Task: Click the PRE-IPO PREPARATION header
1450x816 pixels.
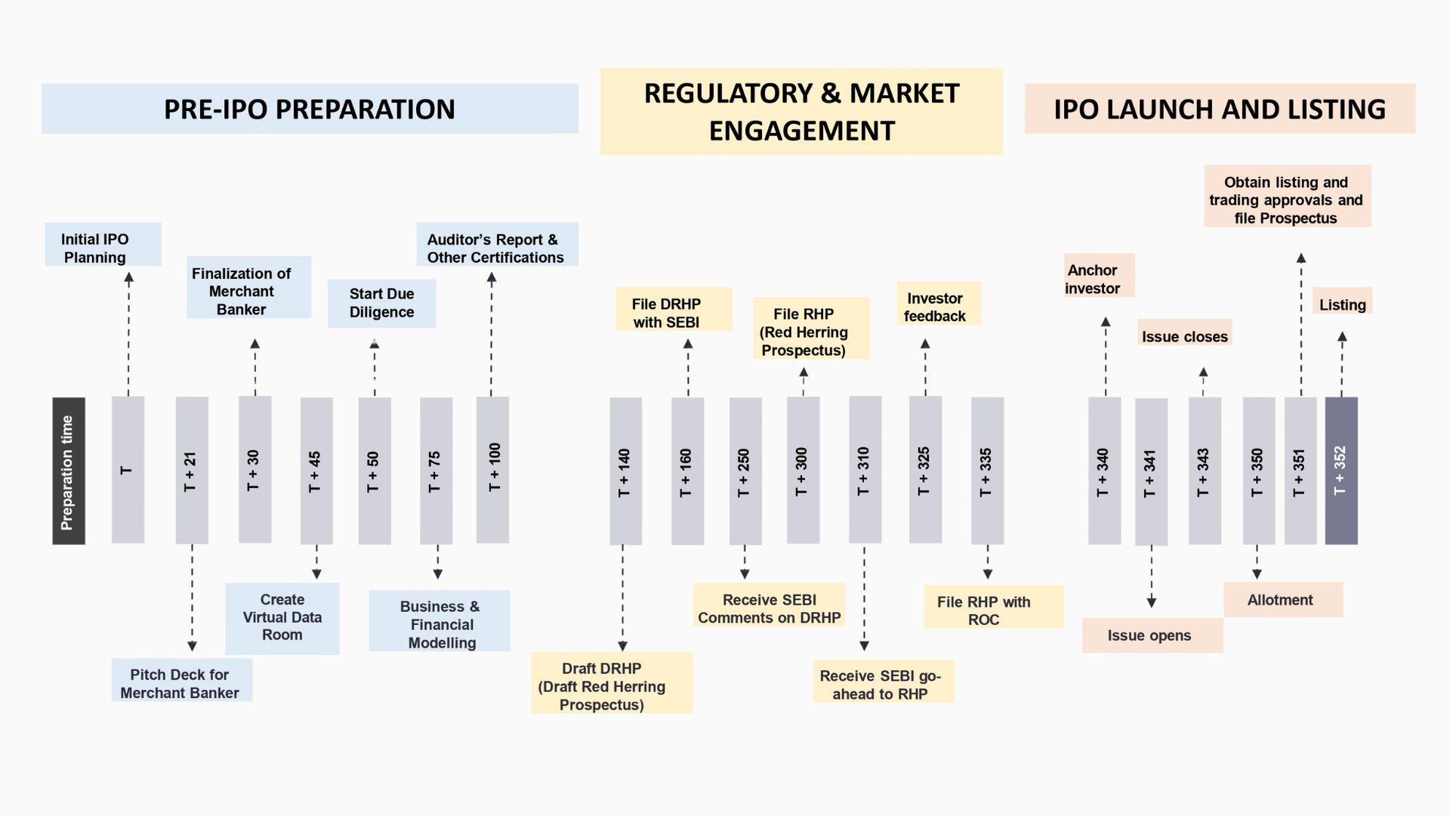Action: pyautogui.click(x=310, y=109)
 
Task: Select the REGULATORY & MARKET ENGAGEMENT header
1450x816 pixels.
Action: pyautogui.click(x=801, y=112)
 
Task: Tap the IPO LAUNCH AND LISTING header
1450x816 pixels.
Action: pyautogui.click(x=1219, y=109)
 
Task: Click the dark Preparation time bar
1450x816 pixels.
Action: pyautogui.click(x=69, y=471)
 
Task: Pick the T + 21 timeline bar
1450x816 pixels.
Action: pyautogui.click(x=192, y=471)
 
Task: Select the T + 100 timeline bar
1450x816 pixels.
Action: pyautogui.click(x=492, y=470)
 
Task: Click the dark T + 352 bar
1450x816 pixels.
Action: pyautogui.click(x=1341, y=471)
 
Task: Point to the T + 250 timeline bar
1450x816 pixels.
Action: pyautogui.click(x=745, y=471)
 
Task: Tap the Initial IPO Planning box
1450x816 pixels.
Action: pyautogui.click(x=103, y=244)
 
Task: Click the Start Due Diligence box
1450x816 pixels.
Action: pyautogui.click(x=381, y=304)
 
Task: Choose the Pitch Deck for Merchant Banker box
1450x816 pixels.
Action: pyautogui.click(x=182, y=680)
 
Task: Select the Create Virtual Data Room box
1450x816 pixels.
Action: pyautogui.click(x=282, y=618)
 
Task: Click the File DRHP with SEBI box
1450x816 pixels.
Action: pyautogui.click(x=673, y=309)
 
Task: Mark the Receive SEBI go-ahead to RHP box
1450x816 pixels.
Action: pyautogui.click(x=883, y=682)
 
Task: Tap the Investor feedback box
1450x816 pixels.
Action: pyautogui.click(x=938, y=304)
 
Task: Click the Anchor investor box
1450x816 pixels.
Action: pyautogui.click(x=1098, y=275)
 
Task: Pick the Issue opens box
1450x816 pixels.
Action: pyautogui.click(x=1152, y=635)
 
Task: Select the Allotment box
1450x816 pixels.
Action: pyautogui.click(x=1282, y=599)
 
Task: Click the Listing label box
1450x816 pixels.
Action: pyautogui.click(x=1342, y=301)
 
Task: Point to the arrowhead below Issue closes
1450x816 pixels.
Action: pyautogui.click(x=1203, y=372)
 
